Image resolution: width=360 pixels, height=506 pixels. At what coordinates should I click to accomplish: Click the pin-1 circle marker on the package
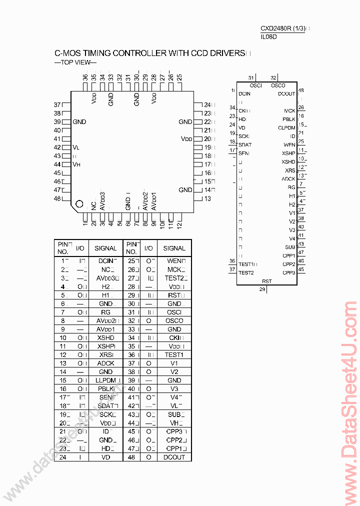79,204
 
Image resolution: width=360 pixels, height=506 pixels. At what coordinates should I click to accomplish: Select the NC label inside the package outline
93,205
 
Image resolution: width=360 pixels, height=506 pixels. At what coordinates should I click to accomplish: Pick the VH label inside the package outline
76,164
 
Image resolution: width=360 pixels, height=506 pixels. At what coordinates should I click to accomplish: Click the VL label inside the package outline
76,147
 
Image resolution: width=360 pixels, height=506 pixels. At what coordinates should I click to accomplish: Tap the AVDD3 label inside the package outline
102,201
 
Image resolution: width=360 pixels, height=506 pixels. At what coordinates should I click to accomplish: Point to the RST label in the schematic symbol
266,281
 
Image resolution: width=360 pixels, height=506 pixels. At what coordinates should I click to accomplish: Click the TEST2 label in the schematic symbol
246,272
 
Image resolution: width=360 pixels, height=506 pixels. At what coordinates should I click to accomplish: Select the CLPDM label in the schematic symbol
286,127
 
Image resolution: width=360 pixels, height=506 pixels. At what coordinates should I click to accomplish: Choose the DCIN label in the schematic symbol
244,93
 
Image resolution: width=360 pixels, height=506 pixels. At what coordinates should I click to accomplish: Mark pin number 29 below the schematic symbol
262,289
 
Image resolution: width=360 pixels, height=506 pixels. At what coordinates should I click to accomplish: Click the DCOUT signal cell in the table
174,457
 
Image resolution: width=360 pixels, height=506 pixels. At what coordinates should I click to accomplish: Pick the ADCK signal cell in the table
105,363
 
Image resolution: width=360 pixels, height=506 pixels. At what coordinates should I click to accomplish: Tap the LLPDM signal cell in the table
105,380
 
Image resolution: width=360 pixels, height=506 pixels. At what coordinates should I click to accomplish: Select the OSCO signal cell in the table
174,320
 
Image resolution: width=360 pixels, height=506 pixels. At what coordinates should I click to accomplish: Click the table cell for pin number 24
63,457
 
